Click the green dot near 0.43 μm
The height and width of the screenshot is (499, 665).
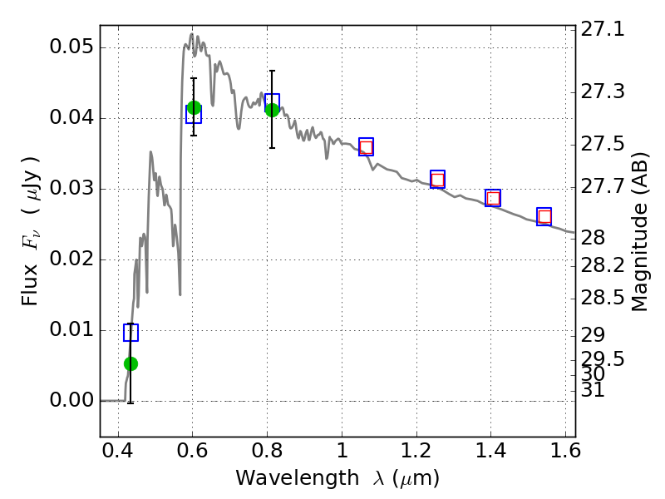click(x=131, y=363)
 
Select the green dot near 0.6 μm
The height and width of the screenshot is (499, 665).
click(x=194, y=107)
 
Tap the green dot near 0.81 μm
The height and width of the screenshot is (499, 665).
click(x=272, y=110)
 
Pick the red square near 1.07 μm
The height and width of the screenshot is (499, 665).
click(x=366, y=148)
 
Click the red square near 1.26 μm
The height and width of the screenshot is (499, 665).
click(x=437, y=180)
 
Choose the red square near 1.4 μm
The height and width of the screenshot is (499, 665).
click(x=493, y=198)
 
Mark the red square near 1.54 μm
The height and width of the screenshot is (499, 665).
click(x=544, y=217)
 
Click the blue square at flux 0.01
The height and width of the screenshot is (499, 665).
click(x=131, y=333)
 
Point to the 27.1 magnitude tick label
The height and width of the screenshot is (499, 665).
click(x=603, y=29)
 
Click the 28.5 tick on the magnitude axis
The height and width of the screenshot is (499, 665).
click(x=603, y=297)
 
